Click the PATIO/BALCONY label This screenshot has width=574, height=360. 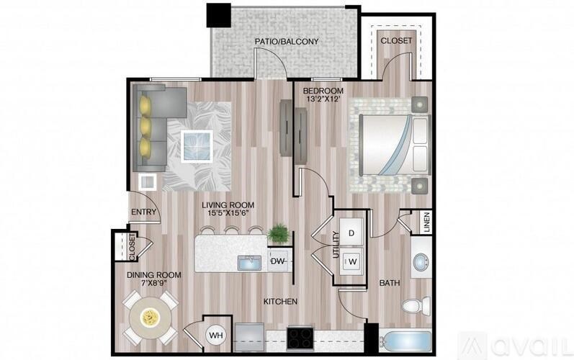pos(286,42)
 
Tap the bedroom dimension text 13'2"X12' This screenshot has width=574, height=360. pos(323,100)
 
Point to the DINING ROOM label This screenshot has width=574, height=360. pos(153,275)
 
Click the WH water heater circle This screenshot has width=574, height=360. pos(215,335)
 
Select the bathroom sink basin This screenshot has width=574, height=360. pos(420,263)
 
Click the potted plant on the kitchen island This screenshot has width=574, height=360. pos(277,233)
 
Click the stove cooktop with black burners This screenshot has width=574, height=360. pos(300,336)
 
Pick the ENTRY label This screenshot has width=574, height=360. pos(143,212)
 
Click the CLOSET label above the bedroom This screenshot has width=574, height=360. pos(396,41)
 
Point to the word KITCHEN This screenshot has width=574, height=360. pos(280,301)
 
